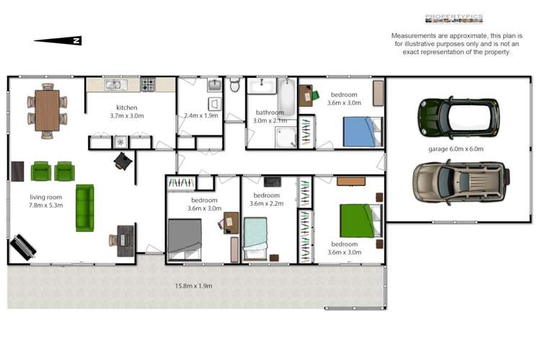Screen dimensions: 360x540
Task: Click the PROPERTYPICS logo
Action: pos(453,19)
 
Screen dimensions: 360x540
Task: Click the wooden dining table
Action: pos(47,110)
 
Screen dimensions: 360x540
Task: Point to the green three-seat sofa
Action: pos(84,207)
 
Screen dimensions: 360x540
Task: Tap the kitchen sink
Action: pos(114,85)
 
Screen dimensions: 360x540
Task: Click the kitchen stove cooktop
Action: pos(149,85)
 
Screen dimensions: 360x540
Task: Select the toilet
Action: pos(234,85)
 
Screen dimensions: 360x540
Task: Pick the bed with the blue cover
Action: pos(358,132)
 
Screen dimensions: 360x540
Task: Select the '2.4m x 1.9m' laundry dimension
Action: pos(201,115)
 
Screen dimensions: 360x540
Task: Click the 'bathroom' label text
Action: pos(270,113)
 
